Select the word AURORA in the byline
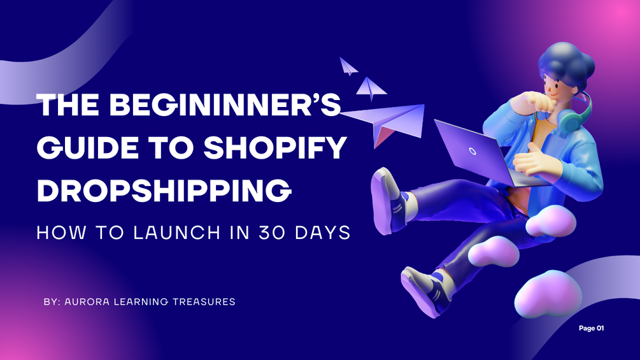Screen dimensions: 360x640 [x=87, y=301]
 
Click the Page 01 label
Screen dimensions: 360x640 [x=591, y=328]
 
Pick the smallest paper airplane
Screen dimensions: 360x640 [x=348, y=66]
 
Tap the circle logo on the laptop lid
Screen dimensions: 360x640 [x=473, y=152]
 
